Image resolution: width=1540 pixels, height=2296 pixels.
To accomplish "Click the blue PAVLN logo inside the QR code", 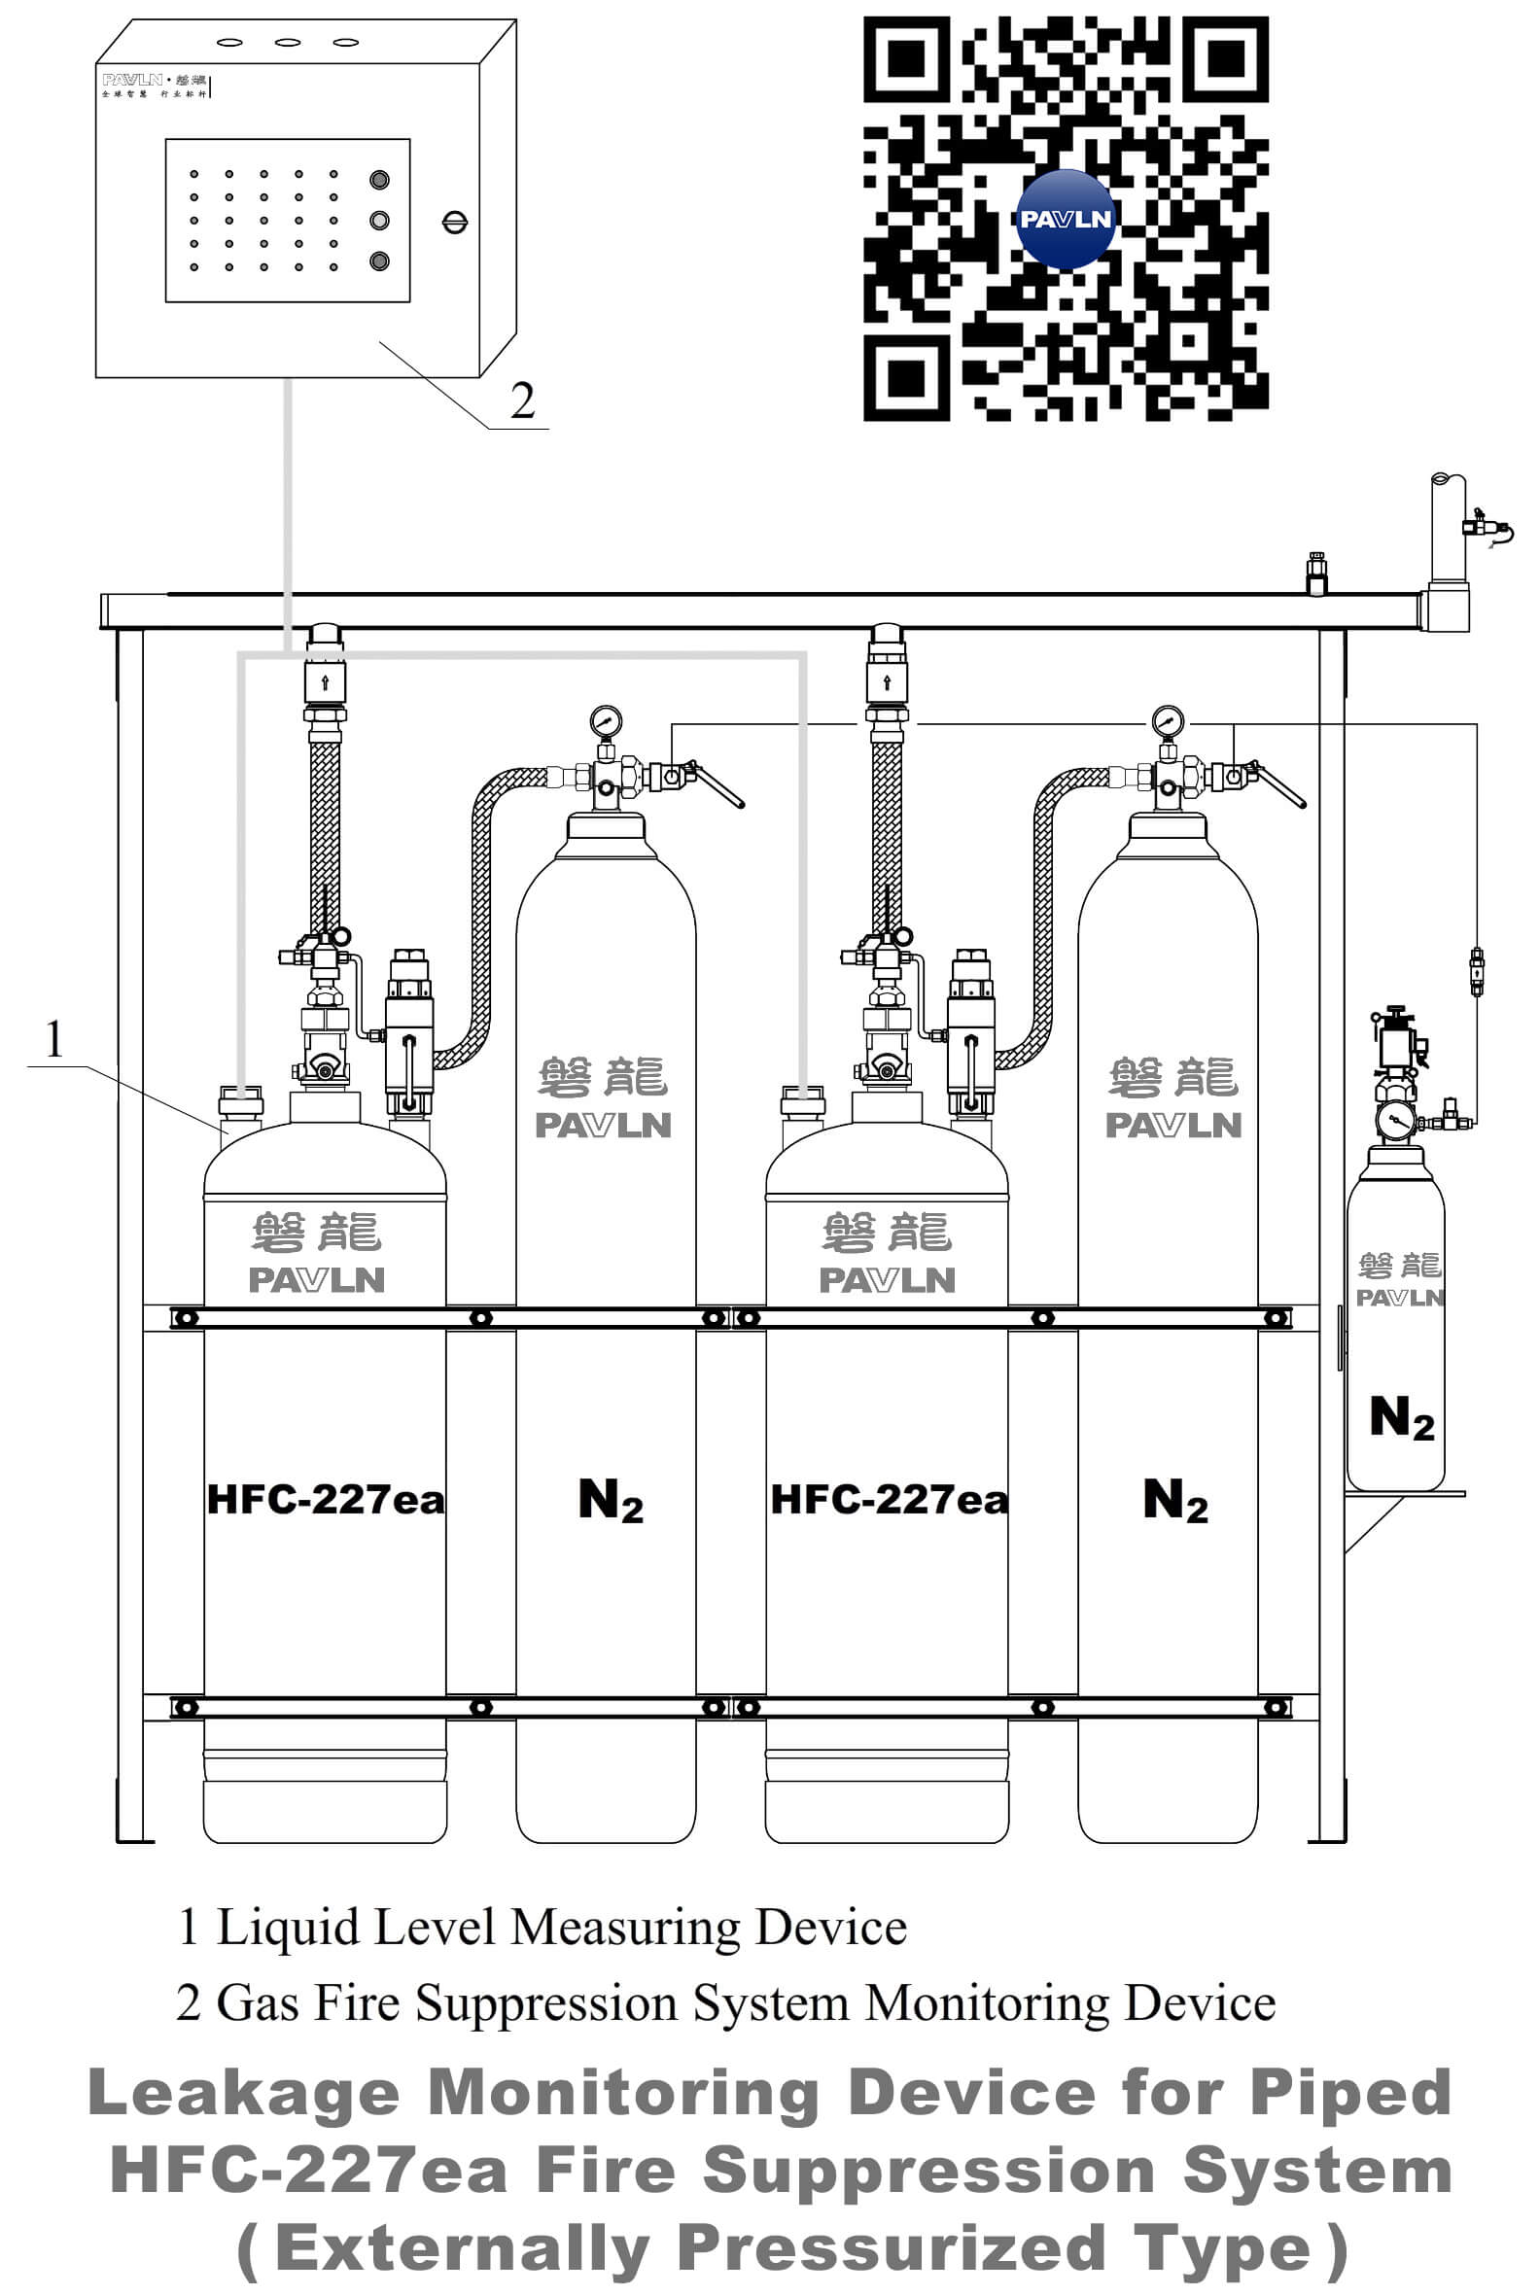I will tap(1066, 219).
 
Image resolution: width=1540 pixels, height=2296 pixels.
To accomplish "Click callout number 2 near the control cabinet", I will tap(522, 400).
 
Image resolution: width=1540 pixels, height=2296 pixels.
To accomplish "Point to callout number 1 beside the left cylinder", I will tap(54, 1039).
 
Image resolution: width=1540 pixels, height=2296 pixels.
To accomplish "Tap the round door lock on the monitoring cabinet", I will tap(455, 222).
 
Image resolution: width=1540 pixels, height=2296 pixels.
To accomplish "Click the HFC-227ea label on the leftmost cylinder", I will tap(325, 1500).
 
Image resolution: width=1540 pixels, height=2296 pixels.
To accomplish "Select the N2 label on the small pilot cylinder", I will tap(1402, 1417).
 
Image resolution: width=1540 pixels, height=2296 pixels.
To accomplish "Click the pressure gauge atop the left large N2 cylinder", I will tap(606, 720).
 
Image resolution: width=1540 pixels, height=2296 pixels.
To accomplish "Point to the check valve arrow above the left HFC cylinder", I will tap(325, 681).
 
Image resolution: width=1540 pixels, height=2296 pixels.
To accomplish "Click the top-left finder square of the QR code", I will tap(905, 59).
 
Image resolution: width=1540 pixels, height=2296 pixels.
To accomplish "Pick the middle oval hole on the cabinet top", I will tap(287, 42).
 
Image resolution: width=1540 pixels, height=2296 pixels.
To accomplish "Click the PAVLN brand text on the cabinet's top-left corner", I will tap(132, 80).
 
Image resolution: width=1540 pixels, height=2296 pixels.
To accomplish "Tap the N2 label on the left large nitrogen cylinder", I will tap(610, 1500).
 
